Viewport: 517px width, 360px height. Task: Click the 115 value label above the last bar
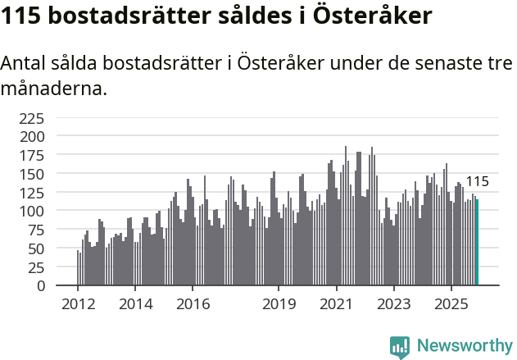click(477, 182)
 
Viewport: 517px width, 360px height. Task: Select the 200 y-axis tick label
click(32, 136)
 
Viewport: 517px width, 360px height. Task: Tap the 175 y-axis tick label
click(32, 155)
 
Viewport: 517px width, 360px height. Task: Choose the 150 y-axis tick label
click(32, 174)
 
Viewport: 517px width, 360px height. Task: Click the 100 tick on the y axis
click(32, 211)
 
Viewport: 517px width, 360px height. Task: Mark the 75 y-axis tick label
click(37, 230)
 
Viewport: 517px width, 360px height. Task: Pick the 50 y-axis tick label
click(37, 248)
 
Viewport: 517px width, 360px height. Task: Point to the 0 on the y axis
click(41, 286)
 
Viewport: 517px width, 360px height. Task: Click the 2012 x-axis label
click(78, 303)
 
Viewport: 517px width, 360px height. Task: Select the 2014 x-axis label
click(135, 303)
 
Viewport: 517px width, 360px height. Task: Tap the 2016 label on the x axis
click(193, 303)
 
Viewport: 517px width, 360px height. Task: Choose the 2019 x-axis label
click(279, 303)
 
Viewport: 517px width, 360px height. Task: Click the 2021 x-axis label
click(336, 303)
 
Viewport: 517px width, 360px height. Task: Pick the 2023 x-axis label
click(393, 303)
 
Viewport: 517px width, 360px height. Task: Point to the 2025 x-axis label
click(451, 303)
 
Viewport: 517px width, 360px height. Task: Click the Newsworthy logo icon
click(400, 347)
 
